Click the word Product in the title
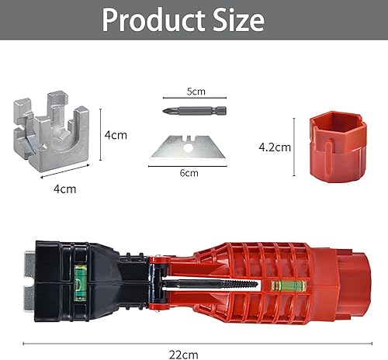[154, 20]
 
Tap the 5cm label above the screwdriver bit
[196, 92]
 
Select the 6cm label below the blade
[189, 173]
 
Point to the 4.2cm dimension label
[275, 147]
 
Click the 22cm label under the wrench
[184, 355]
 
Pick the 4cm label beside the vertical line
[116, 135]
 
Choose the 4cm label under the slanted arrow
[65, 189]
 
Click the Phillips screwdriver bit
[195, 111]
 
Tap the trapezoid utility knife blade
[188, 147]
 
